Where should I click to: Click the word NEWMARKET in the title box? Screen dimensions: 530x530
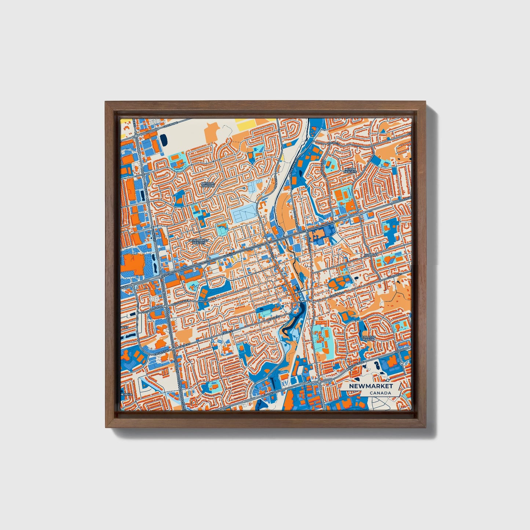click(370, 386)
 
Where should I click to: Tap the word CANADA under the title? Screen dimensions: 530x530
click(380, 393)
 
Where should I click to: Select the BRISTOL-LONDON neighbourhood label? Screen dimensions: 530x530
click(208, 184)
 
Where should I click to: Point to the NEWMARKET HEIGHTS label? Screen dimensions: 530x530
click(199, 242)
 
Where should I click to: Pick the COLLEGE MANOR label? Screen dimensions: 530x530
click(368, 338)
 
